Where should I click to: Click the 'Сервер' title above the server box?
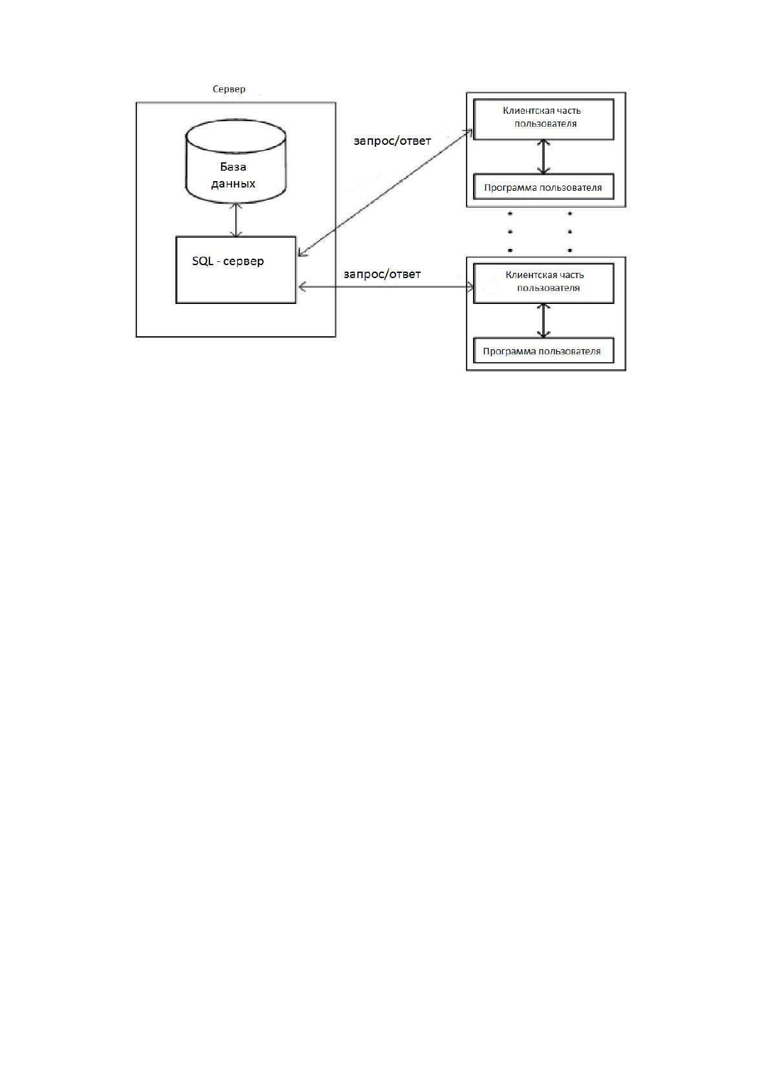pos(229,89)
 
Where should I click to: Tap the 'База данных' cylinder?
pos(236,161)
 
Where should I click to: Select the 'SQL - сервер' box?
pos(236,270)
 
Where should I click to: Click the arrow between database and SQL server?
pos(236,220)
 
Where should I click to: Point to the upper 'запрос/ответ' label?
pos(392,141)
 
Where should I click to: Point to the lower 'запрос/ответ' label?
pos(382,274)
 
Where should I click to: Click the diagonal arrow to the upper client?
pos(386,193)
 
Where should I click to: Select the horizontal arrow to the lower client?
pos(386,287)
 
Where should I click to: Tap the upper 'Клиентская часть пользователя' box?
pos(543,119)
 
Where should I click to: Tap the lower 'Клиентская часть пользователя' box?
pos(543,283)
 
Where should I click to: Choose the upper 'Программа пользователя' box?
pos(543,187)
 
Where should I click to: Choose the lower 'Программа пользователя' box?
pos(543,350)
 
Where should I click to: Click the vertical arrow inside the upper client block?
pos(543,157)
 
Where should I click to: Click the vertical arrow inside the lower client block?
pos(543,321)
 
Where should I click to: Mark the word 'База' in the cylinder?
pos(233,167)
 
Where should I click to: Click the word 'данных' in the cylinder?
pos(233,184)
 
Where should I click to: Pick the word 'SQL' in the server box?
pos(202,261)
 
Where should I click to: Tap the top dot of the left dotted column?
pos(510,213)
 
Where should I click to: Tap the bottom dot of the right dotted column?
pos(570,250)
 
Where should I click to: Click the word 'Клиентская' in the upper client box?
pos(525,111)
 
